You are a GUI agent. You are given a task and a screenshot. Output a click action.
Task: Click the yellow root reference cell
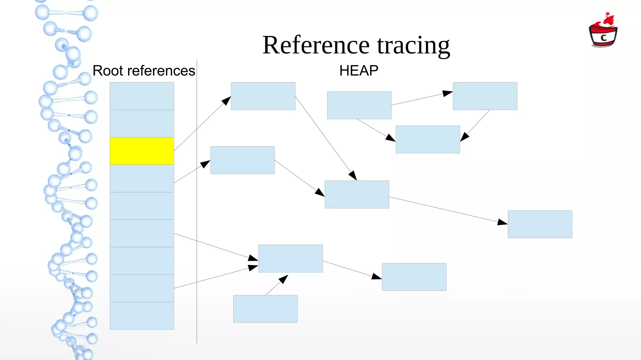coord(142,151)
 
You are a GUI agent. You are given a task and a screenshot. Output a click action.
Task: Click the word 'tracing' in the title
coord(413,45)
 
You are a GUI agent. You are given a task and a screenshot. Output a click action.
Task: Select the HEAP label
coord(359,71)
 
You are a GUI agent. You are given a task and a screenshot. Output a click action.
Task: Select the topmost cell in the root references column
coord(142,96)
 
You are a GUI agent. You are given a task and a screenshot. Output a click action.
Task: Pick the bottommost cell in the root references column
coord(142,316)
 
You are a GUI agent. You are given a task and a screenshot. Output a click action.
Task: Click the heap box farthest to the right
coord(540,224)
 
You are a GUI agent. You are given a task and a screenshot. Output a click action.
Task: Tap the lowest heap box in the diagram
coord(265,309)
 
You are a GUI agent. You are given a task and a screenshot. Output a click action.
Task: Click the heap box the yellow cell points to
coord(263,96)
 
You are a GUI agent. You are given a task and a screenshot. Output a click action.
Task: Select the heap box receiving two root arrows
coord(290,258)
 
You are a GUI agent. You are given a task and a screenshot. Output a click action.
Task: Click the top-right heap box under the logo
coord(485,96)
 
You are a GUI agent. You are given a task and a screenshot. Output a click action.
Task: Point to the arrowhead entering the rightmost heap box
coord(503,222)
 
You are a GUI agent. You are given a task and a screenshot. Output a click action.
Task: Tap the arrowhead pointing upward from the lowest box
coord(284,279)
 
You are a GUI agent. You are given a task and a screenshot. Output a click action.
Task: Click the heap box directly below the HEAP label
coord(359,105)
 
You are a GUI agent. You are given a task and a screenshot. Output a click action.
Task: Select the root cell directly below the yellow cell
coord(142,178)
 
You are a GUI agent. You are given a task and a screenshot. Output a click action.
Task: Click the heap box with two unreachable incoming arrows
coord(428,139)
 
